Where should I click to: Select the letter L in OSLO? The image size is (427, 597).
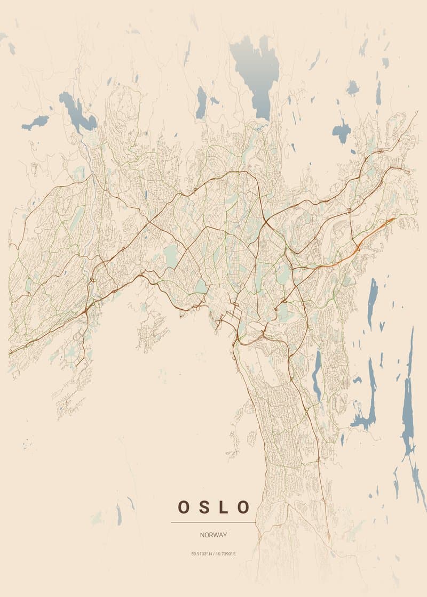click(224, 507)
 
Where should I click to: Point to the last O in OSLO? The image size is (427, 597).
click(243, 507)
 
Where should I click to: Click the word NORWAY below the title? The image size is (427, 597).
click(213, 535)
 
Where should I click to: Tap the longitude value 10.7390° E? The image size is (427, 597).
click(225, 554)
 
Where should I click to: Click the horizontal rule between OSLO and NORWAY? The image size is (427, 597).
click(213, 522)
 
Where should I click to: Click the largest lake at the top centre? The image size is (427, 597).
click(255, 72)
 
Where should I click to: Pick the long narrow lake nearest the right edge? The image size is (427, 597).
click(408, 394)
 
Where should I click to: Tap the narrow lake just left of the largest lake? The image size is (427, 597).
click(201, 102)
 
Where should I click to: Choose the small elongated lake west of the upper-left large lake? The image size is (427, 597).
click(35, 123)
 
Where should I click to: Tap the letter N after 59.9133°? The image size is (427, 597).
click(210, 554)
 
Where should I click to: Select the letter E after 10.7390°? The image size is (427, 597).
click(234, 554)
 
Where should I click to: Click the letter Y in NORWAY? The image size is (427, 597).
click(225, 535)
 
